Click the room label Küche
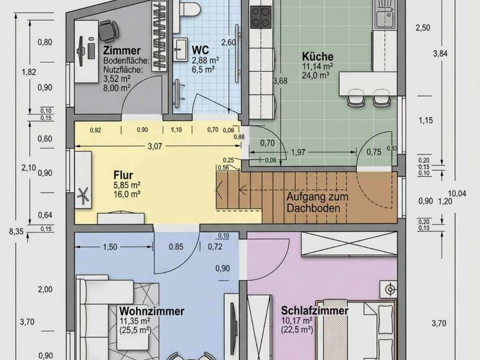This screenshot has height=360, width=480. (317, 56)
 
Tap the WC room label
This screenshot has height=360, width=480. (201, 50)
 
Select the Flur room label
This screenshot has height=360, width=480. (123, 175)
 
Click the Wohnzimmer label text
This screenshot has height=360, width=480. (152, 310)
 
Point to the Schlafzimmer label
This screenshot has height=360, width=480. (314, 310)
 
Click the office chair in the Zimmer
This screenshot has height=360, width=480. (107, 31)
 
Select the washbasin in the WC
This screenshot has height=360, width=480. (180, 47)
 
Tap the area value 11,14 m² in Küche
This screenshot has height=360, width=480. (317, 66)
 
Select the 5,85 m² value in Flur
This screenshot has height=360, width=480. (127, 185)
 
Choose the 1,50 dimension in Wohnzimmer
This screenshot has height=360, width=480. (110, 247)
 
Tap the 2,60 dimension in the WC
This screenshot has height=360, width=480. (228, 42)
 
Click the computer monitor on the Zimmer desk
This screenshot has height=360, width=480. (81, 49)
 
